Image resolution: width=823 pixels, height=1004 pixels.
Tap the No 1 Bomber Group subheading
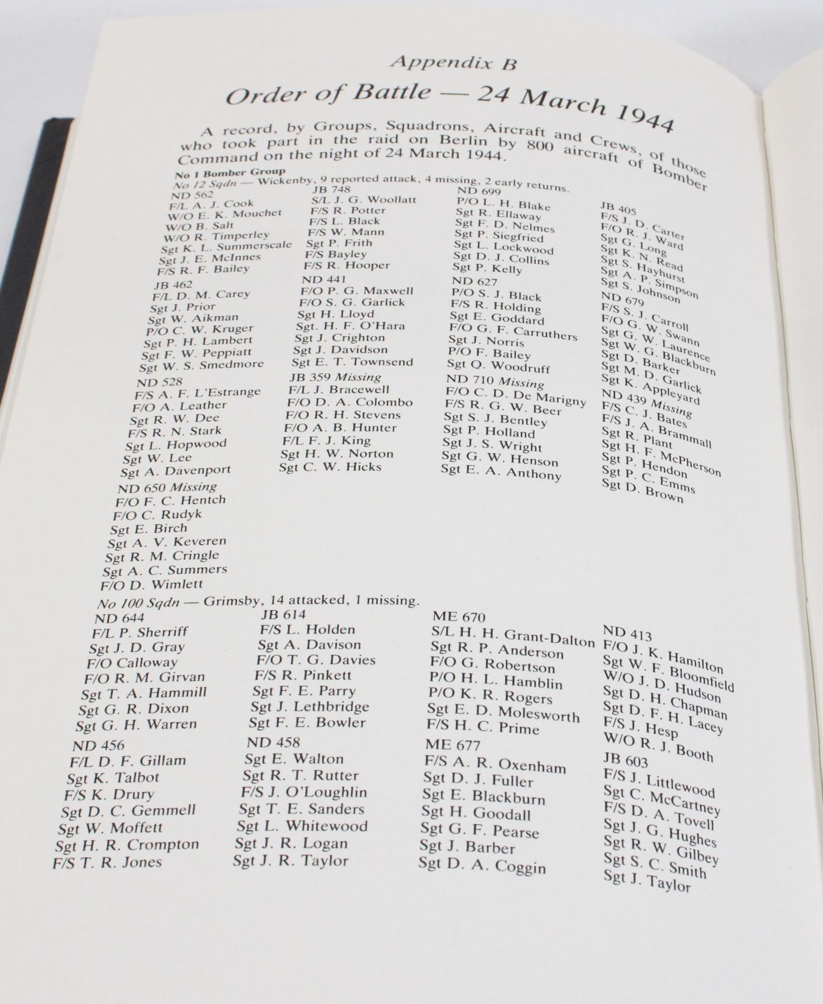(230, 172)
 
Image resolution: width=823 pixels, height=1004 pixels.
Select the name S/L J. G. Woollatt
(364, 200)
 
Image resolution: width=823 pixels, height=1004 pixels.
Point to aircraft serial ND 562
(192, 194)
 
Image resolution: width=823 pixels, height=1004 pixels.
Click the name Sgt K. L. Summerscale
(226, 247)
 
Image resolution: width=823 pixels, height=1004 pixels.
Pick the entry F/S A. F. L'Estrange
(197, 393)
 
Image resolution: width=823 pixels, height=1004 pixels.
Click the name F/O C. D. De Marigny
(516, 397)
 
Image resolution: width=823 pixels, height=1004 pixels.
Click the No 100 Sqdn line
(258, 602)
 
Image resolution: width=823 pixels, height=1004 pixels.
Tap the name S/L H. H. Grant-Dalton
(512, 637)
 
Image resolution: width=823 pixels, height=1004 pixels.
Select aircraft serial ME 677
(452, 745)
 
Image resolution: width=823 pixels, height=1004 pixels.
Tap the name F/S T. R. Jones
(107, 862)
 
